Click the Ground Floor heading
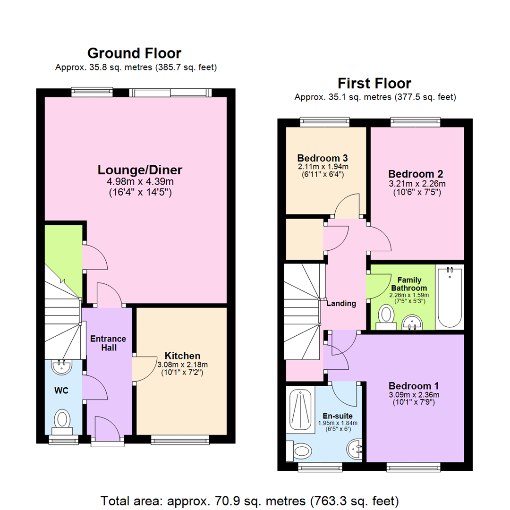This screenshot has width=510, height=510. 134,53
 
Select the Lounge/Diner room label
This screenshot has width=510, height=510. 140,170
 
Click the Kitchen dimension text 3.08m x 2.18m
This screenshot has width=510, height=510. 182,364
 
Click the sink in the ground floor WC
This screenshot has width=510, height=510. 61,365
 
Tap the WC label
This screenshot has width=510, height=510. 61,391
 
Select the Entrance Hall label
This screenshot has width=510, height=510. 108,343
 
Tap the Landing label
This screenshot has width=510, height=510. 341,303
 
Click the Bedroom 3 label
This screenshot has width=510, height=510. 319,158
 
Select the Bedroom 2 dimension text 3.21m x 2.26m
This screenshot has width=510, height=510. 416,183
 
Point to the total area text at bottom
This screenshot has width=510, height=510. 250,500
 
